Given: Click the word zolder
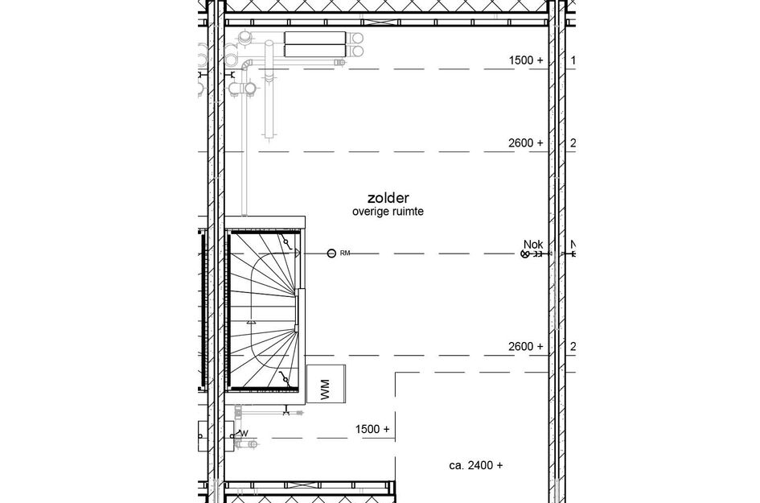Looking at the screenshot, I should point(388,197).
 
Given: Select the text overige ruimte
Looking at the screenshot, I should point(388,212).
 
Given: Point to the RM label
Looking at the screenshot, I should point(345,254).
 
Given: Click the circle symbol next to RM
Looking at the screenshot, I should point(331,254).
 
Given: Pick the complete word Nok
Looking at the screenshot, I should point(533,245).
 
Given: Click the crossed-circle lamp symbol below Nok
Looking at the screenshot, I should point(526,254).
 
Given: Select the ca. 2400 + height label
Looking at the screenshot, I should point(476,465).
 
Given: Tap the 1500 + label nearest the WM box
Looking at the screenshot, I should point(372,430).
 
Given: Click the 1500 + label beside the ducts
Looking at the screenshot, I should point(526,60).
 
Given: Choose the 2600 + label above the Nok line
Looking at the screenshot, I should point(526,143).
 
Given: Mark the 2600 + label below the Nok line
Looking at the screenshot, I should point(526,347).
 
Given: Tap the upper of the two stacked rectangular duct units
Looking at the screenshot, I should point(314,37).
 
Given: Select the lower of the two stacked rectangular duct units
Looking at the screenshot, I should point(314,51).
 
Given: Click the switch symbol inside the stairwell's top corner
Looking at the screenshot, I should point(285,242).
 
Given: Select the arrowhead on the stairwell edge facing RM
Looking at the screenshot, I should point(299,253).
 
